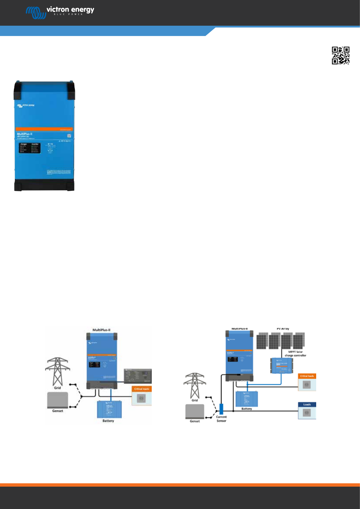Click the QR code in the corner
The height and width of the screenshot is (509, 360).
(x=341, y=55)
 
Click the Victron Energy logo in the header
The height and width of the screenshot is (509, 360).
(x=60, y=12)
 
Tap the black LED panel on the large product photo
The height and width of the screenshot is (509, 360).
(x=30, y=148)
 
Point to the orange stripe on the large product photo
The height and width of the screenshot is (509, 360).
(x=44, y=129)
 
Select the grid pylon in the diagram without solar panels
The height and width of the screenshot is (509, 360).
(x=57, y=371)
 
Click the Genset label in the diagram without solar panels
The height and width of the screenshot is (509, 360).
(x=57, y=411)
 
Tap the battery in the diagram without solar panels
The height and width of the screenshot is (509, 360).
(x=109, y=409)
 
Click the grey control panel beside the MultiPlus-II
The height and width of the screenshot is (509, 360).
(x=138, y=376)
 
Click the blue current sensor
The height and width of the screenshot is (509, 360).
(x=221, y=409)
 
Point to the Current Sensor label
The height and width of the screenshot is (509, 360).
(x=221, y=419)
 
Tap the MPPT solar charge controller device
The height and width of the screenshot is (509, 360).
(x=282, y=365)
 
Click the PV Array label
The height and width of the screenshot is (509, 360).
(x=283, y=329)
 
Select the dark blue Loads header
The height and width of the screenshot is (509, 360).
(x=307, y=404)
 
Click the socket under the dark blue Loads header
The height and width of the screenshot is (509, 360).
(x=306, y=413)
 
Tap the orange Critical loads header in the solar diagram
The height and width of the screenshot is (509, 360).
(x=307, y=376)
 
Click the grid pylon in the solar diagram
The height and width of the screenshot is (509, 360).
(x=195, y=385)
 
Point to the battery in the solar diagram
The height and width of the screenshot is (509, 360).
(x=247, y=399)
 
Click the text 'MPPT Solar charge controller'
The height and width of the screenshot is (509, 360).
(x=295, y=354)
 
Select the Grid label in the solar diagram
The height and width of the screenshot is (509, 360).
(x=195, y=400)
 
